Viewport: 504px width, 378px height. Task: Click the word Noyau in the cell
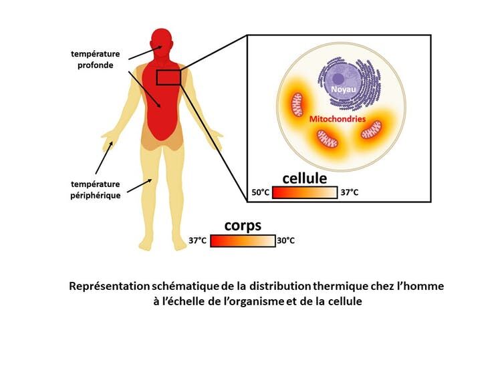344,89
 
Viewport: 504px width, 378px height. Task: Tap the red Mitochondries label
338,119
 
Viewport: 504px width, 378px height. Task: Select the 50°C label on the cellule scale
261,192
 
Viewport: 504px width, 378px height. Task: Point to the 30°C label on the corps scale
285,240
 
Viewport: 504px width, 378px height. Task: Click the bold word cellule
305,178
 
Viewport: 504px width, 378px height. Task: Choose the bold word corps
243,226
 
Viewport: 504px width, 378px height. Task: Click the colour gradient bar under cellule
305,193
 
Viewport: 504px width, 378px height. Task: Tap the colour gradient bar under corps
243,241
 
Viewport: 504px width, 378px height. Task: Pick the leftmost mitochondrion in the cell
297,105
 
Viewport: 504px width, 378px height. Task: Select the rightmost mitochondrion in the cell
371,130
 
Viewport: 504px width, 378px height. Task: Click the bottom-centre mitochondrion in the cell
328,139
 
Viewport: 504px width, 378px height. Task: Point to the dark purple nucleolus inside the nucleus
338,78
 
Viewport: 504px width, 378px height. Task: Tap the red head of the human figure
162,45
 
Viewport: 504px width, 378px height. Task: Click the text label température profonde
96,59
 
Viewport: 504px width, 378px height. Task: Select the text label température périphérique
96,190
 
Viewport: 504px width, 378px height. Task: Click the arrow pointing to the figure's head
146,53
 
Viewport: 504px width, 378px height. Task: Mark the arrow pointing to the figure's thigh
140,186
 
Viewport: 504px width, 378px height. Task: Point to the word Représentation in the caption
109,287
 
